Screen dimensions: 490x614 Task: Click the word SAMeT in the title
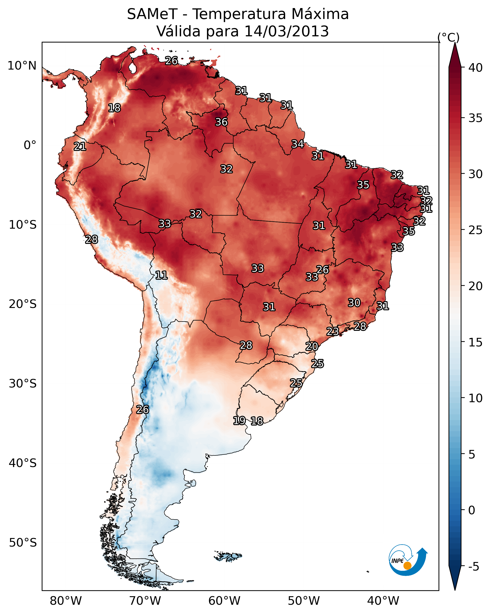tap(152, 14)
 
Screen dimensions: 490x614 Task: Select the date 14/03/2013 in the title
tap(286, 31)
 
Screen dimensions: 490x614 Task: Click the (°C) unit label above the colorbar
tap(449, 37)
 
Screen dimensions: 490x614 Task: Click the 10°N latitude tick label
tap(22, 66)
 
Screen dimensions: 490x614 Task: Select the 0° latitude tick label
tap(30, 145)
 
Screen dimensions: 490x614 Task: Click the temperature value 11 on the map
tap(161, 275)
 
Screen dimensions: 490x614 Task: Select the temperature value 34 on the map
tap(298, 144)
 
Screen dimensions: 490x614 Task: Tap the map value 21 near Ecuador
tap(80, 147)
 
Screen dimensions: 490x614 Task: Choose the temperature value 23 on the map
tap(332, 331)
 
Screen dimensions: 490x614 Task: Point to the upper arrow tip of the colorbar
tap(455, 43)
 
